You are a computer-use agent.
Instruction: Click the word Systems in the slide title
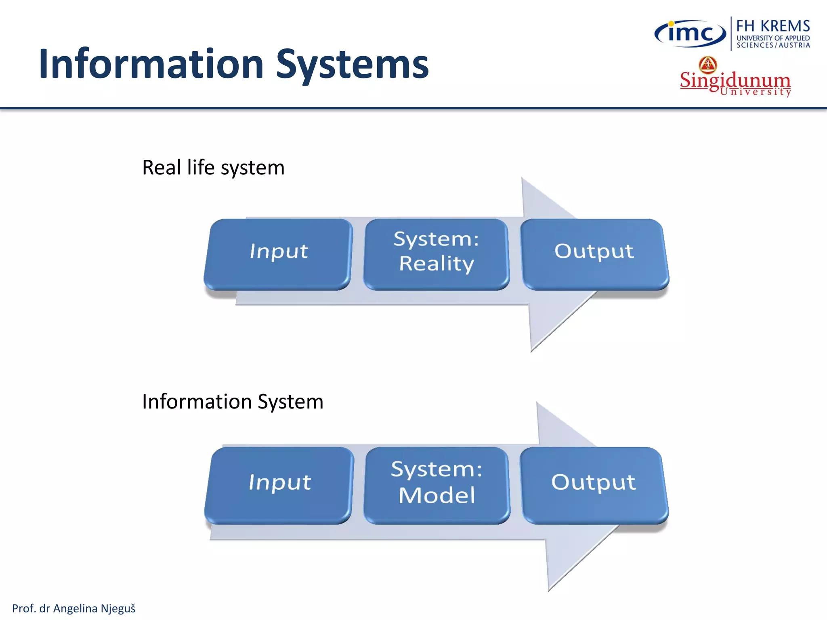click(352, 65)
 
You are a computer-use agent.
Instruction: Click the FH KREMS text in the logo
click(773, 26)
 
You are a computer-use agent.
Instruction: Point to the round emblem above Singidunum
click(708, 65)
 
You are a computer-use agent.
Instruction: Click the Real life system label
click(213, 168)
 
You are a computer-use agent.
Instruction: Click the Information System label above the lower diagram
click(233, 402)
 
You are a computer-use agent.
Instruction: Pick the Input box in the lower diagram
click(279, 484)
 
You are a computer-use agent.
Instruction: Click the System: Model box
click(437, 484)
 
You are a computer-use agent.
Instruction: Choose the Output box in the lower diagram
click(594, 484)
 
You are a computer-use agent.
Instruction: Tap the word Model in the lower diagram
click(437, 495)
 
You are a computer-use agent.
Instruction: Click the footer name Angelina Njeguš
click(94, 608)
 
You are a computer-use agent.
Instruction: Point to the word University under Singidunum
click(755, 92)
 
